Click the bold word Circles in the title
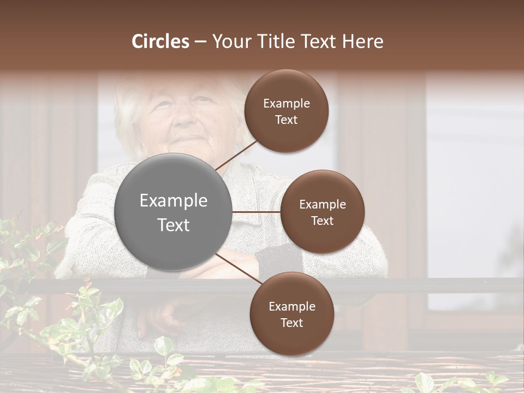pyautogui.click(x=160, y=41)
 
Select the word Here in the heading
pyautogui.click(x=362, y=41)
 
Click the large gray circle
pyautogui.click(x=173, y=212)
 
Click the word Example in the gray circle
pyautogui.click(x=173, y=201)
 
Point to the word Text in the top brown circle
pyautogui.click(x=286, y=120)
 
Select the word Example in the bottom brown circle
pyautogui.click(x=291, y=307)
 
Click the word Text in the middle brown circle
pyautogui.click(x=322, y=221)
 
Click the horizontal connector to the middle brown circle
pyautogui.click(x=257, y=211)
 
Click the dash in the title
pyautogui.click(x=200, y=41)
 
